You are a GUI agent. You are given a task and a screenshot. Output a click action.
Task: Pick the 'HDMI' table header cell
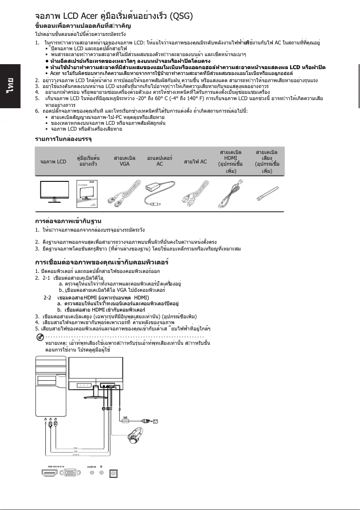pyautogui.click(x=229, y=161)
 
